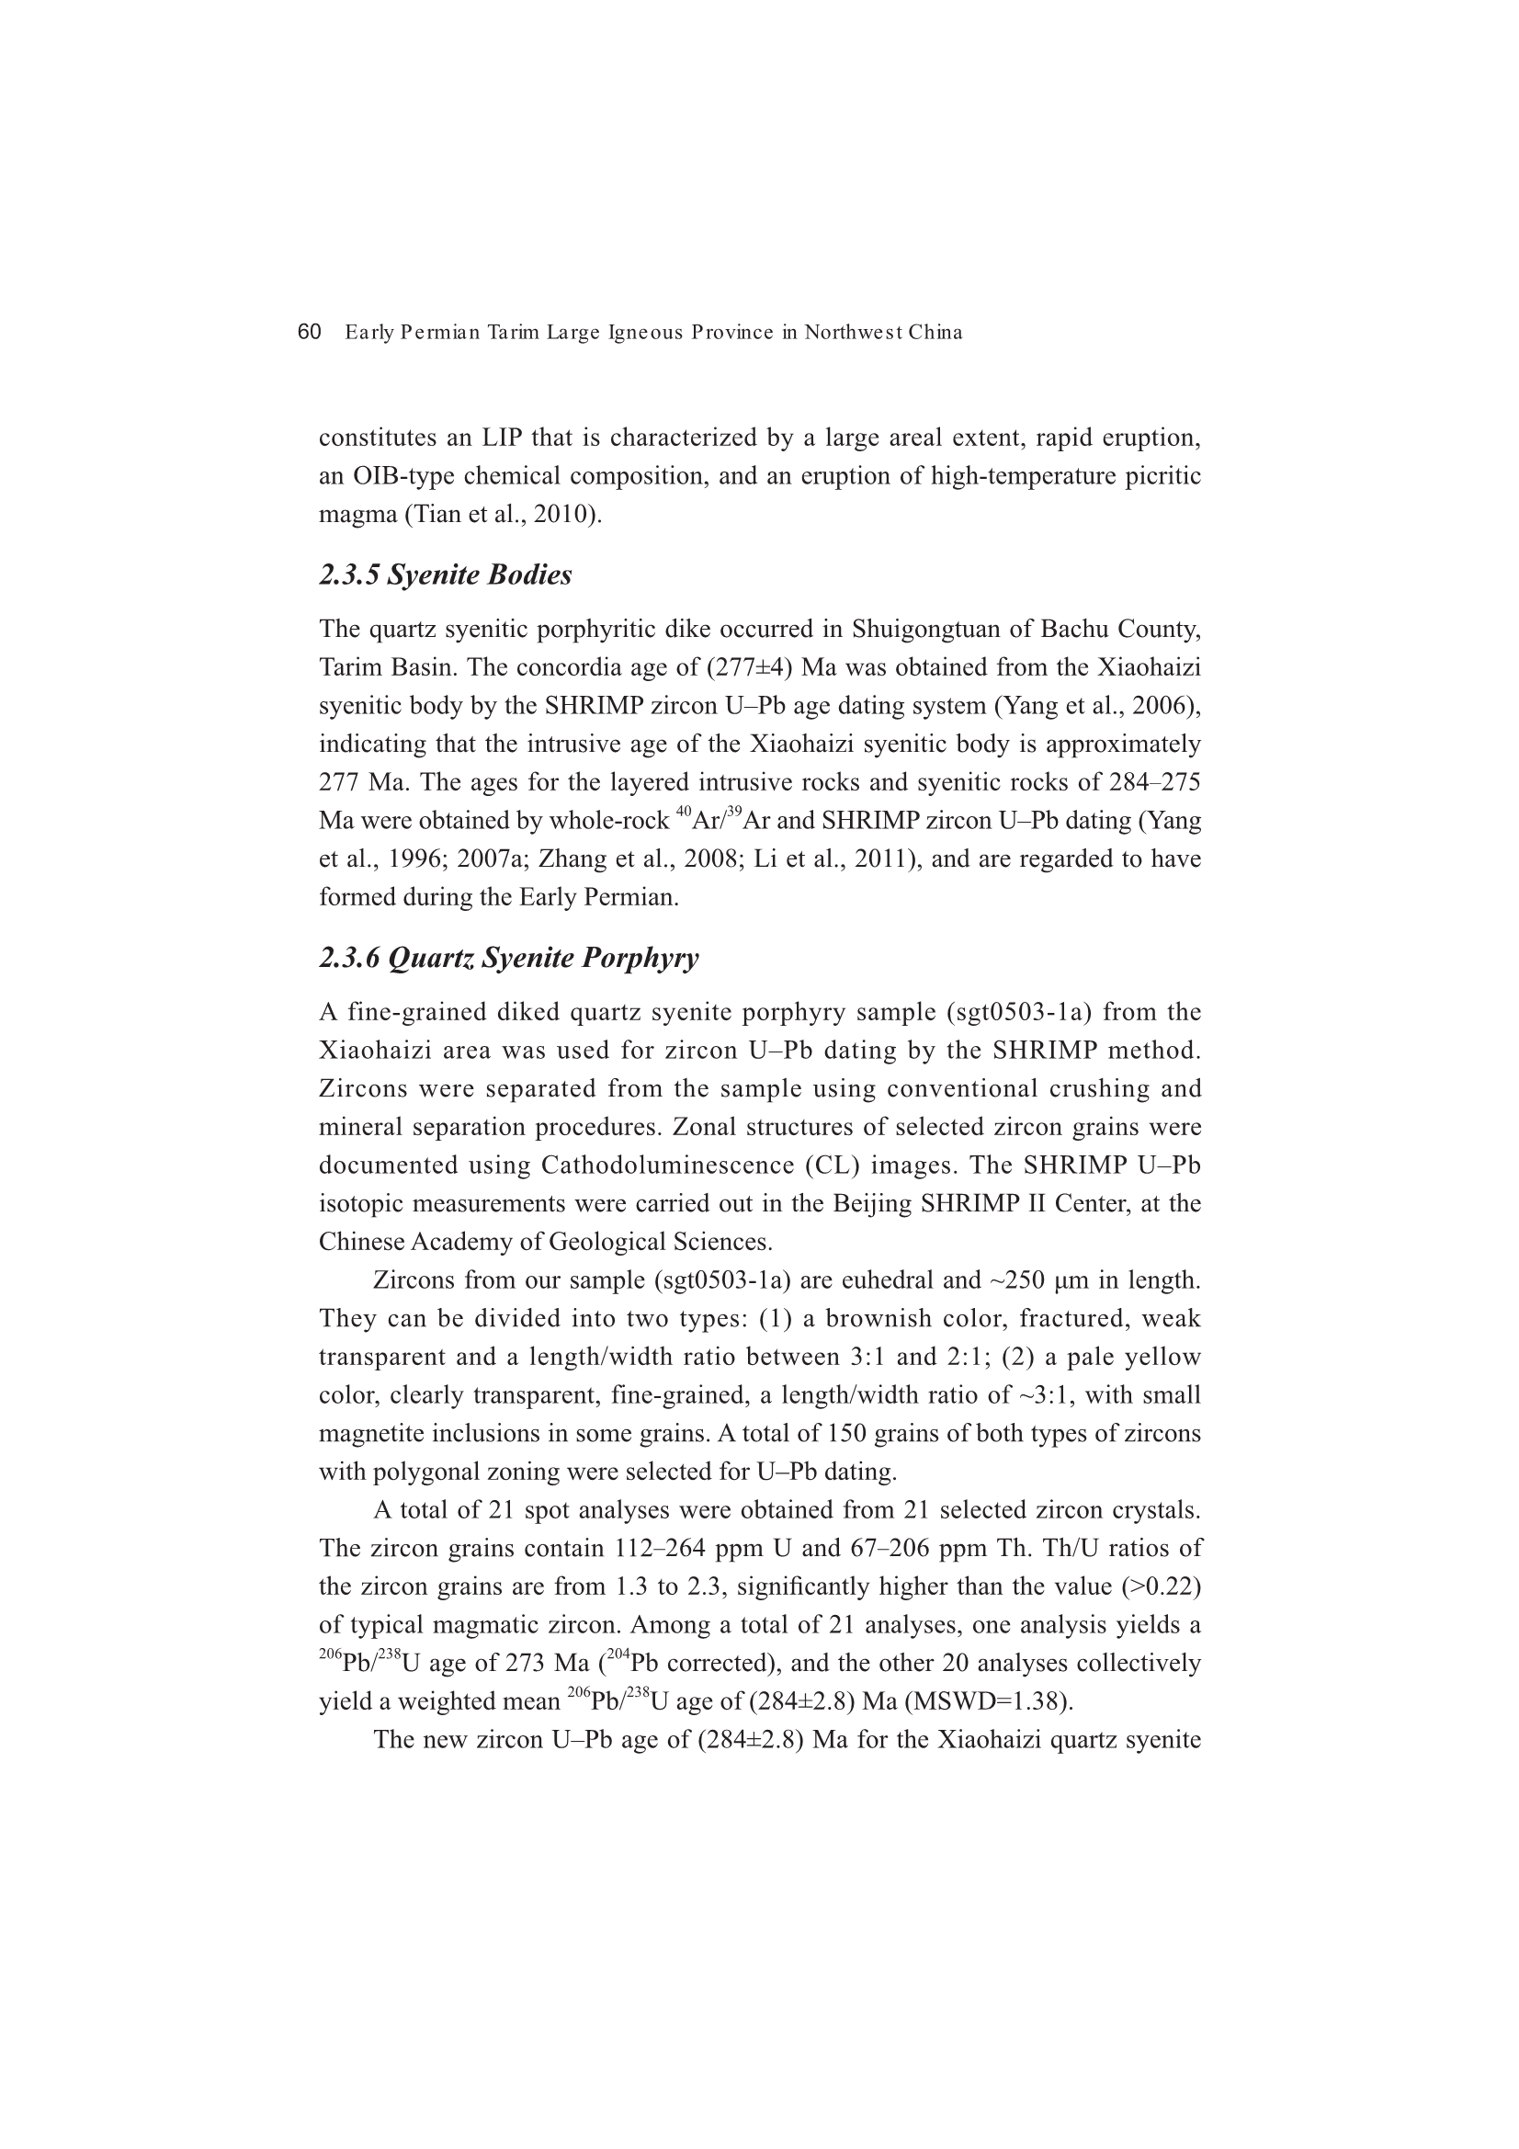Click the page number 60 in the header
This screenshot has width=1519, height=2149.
coord(309,332)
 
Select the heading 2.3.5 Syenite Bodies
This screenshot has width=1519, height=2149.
coord(445,574)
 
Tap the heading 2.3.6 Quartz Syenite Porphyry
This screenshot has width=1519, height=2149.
coord(508,959)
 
